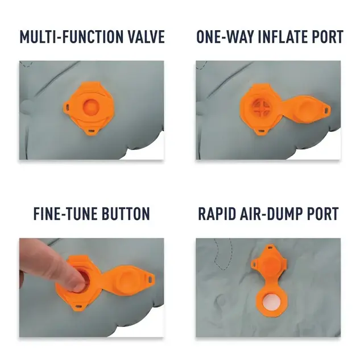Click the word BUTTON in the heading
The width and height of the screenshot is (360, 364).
(x=126, y=214)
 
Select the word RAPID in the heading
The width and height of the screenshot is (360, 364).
(x=216, y=214)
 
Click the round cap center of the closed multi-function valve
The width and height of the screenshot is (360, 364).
(x=91, y=107)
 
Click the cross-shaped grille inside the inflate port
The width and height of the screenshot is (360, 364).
(x=261, y=107)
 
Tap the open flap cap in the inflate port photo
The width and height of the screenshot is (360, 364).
(x=307, y=109)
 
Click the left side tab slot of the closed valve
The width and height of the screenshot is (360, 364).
(x=68, y=107)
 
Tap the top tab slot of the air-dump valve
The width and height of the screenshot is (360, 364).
(x=270, y=248)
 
